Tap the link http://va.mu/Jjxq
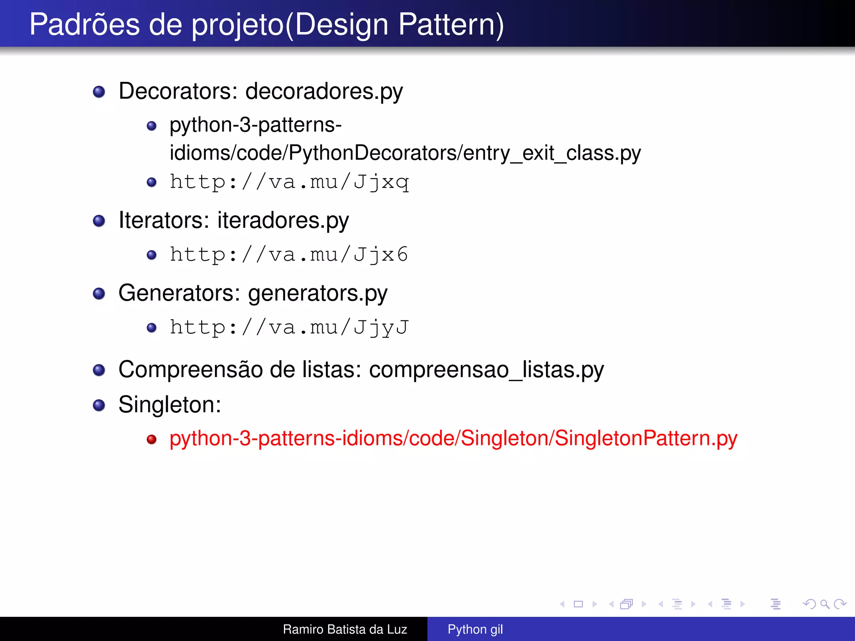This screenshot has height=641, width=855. coord(289,182)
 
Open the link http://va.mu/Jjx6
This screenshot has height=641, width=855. coord(288,255)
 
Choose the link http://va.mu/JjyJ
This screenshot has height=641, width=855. coord(289,327)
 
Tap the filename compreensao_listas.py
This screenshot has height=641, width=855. coord(486,369)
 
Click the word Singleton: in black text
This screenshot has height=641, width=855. coord(169,404)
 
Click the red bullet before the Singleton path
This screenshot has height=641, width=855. coord(152,439)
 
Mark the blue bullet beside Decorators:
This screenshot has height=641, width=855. coord(99,91)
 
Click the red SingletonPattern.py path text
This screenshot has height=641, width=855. coord(453,438)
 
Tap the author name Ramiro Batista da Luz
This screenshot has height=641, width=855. coord(345,629)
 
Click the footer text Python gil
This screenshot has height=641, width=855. coord(475,629)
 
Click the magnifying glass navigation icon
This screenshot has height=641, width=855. coord(825,604)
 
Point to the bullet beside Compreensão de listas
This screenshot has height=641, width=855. coord(99,370)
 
